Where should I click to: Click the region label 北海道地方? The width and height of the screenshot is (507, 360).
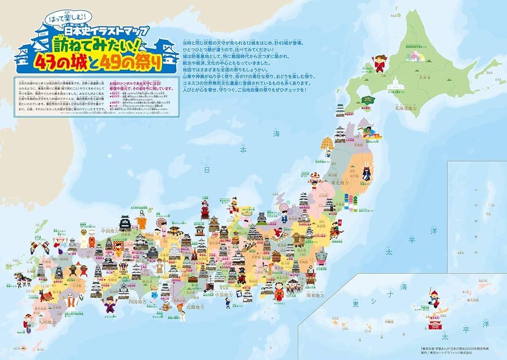point(407,108)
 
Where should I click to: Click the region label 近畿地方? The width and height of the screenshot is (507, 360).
point(195,307)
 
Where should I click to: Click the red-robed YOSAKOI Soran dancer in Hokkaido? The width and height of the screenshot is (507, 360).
point(378,64)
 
